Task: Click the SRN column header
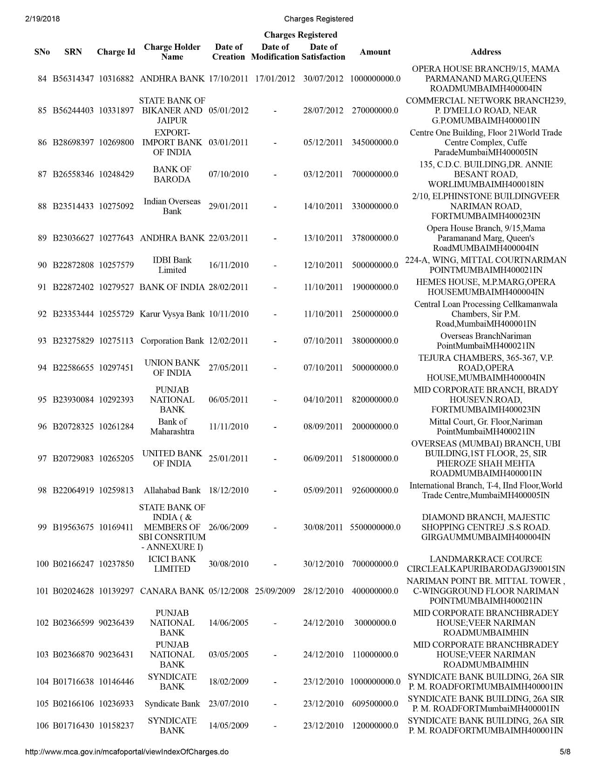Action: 73,52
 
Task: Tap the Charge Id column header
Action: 116,52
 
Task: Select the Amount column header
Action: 375,52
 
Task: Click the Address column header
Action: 486,52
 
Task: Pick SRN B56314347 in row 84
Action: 73,79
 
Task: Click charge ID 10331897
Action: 116,110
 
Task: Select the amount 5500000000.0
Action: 375,527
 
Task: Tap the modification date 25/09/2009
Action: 275,591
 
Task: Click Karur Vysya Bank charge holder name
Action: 172,314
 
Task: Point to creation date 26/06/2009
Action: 228,527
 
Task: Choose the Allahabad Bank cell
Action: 172,490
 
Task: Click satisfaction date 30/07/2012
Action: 323,79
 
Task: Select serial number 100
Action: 42,564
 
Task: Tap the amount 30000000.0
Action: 375,622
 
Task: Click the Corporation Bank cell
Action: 172,341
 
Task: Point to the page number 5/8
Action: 565,751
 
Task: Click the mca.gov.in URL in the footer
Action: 127,751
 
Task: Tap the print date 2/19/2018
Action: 41,19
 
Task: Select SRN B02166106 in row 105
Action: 73,703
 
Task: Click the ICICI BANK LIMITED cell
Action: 172,564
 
